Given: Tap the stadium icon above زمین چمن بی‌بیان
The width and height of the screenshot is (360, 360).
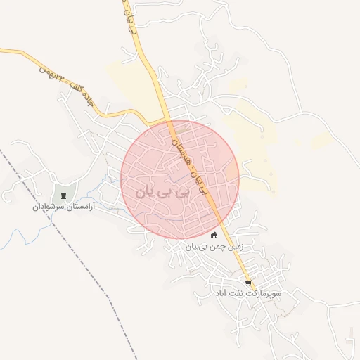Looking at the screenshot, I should click(214, 235).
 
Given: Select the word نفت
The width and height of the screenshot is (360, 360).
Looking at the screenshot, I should click(236, 292).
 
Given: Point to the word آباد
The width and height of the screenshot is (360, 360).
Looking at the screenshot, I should click(220, 292).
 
